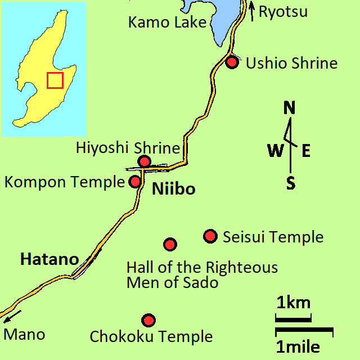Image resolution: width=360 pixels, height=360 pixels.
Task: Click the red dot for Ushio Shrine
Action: click(232, 62)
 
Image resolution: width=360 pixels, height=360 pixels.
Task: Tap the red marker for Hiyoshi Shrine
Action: click(145, 161)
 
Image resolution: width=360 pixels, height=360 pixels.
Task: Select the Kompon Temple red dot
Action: click(135, 182)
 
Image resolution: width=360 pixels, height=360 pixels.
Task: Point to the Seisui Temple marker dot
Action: click(210, 236)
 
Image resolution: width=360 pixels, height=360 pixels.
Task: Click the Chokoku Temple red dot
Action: click(148, 320)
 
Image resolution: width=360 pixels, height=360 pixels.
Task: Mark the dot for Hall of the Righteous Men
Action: click(170, 244)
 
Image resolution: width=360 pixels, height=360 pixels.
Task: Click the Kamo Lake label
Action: click(167, 22)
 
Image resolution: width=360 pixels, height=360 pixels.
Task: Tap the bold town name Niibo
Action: click(174, 190)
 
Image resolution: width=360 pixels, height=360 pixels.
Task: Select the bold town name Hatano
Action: click(49, 260)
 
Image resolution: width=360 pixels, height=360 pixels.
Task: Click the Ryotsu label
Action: click(283, 11)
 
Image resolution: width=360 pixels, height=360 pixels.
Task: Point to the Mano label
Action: click(24, 335)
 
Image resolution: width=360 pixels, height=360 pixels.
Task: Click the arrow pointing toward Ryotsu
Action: click(251, 11)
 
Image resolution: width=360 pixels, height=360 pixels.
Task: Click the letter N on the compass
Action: click(290, 107)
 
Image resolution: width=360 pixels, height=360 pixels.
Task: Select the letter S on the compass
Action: click(291, 183)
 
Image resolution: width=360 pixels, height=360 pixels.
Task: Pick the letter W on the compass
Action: click(275, 151)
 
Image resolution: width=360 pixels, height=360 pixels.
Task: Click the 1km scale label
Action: click(293, 303)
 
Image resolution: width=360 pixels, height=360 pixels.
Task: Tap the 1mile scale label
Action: click(298, 346)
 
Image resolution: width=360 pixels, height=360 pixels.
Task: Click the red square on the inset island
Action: click(55, 80)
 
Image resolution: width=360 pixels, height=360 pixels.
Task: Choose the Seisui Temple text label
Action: click(273, 237)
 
